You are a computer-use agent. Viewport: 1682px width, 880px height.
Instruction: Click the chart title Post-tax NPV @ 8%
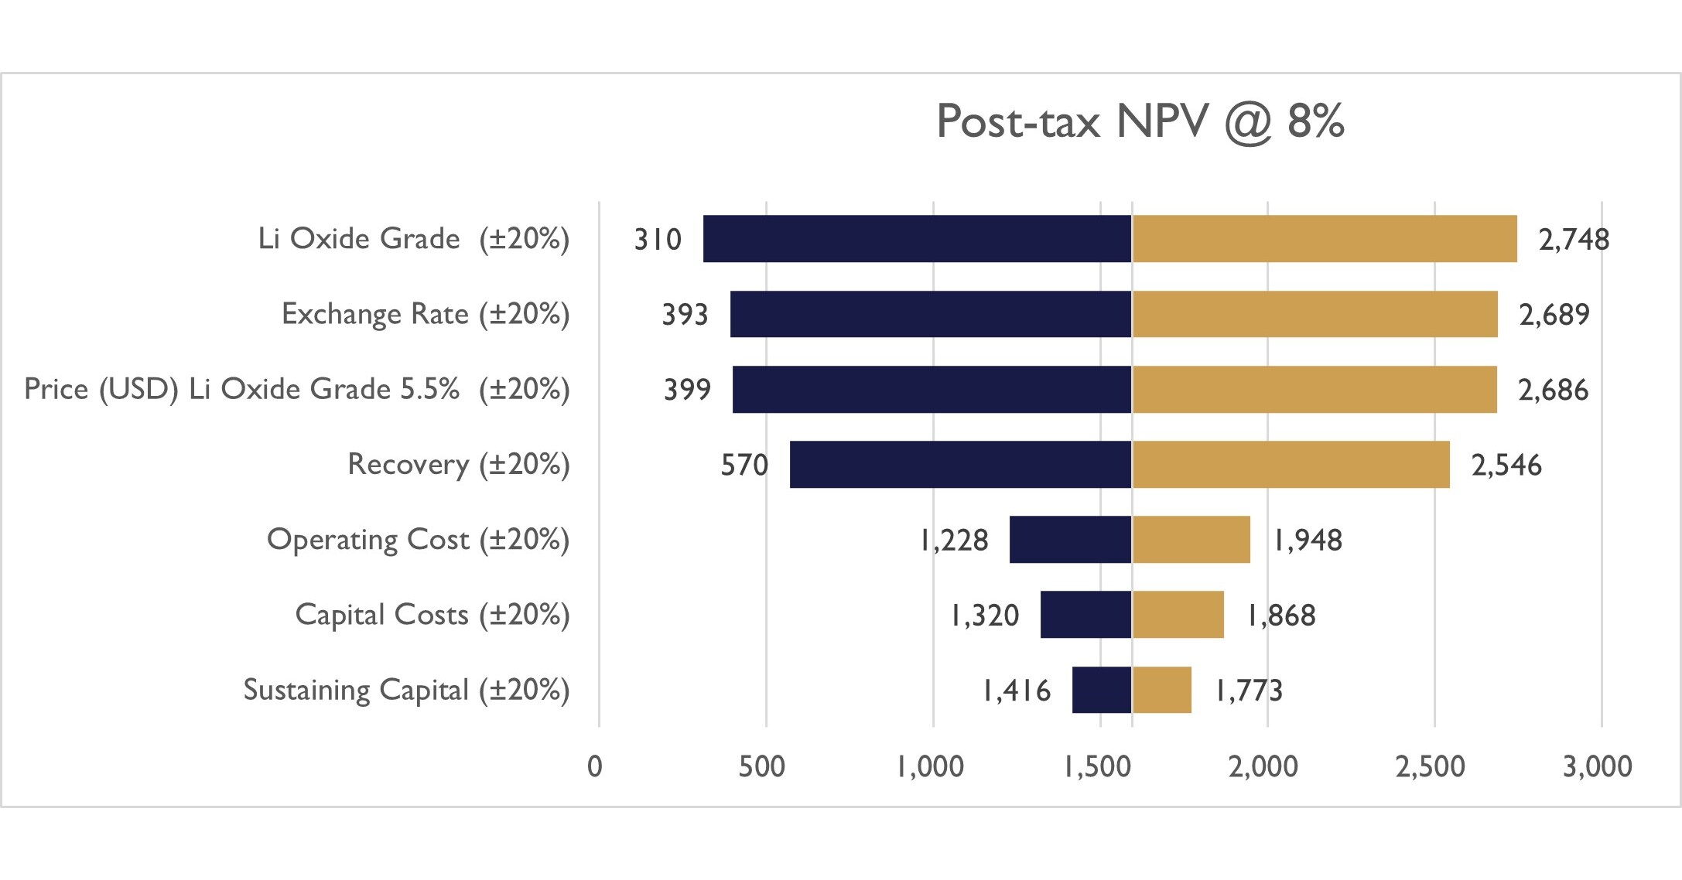(x=1140, y=121)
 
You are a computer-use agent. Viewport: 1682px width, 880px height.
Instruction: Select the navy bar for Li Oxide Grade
(x=917, y=239)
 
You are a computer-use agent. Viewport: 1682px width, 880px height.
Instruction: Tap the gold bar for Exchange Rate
(x=1314, y=314)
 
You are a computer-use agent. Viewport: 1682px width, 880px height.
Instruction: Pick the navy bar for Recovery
(x=960, y=465)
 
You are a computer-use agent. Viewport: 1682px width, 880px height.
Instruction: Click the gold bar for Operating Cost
(x=1191, y=540)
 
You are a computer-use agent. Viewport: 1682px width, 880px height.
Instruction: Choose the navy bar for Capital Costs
(x=1085, y=615)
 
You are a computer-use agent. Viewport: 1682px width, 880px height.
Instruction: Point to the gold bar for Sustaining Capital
(x=1161, y=690)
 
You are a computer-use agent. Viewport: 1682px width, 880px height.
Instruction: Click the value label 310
(x=658, y=240)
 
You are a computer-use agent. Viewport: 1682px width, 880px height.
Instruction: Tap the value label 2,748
(x=1574, y=240)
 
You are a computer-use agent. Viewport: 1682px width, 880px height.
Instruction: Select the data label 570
(x=744, y=466)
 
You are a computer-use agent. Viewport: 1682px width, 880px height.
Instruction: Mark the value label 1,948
(x=1308, y=541)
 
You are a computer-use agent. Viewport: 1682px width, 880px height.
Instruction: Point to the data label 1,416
(x=1017, y=691)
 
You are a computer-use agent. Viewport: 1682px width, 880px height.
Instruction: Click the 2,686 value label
(x=1553, y=391)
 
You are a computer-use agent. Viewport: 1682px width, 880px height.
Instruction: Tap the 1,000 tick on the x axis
(x=931, y=766)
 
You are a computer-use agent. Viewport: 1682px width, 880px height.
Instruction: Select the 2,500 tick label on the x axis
(x=1430, y=766)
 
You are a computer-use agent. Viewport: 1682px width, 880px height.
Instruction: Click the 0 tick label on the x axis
(x=594, y=766)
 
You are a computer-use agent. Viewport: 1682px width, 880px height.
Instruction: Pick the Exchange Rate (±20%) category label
(x=426, y=314)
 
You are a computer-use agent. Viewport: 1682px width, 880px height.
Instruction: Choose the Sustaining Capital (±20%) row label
(x=406, y=690)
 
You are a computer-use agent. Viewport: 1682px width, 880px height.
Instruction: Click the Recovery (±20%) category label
(x=458, y=464)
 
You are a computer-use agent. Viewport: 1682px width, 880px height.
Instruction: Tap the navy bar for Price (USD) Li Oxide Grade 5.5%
(x=932, y=390)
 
